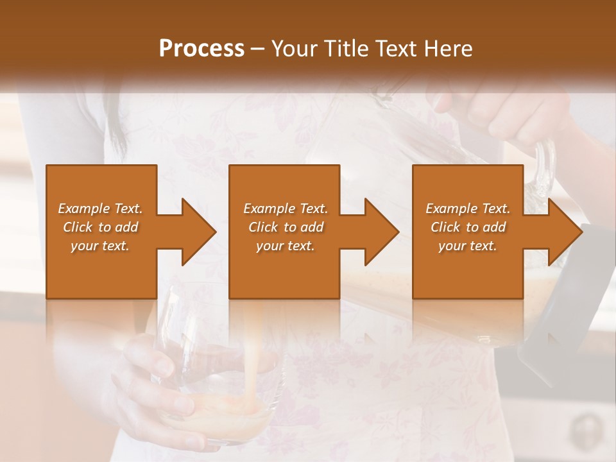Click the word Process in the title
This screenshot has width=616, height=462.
[x=201, y=48]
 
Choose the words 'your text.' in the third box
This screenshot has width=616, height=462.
[x=467, y=246]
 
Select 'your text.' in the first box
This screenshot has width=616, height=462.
[x=100, y=246]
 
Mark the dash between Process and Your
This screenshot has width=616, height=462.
[x=258, y=49]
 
